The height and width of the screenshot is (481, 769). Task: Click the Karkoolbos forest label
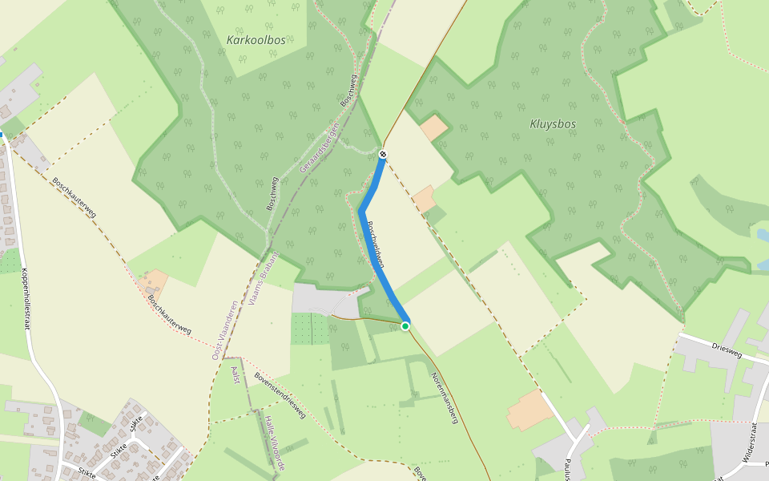(256, 39)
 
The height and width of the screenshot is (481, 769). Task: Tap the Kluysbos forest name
(553, 123)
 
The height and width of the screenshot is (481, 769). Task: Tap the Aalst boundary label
(236, 373)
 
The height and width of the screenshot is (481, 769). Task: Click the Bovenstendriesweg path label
(280, 395)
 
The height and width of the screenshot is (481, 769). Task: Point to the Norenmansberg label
(444, 398)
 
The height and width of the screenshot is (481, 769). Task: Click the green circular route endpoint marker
(405, 325)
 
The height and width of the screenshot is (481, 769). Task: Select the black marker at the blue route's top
(384, 153)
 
